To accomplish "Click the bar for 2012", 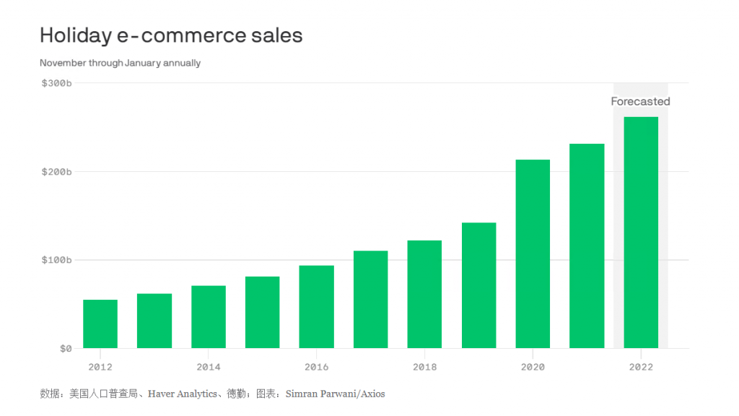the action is click(100, 324).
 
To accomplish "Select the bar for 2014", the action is click(209, 317).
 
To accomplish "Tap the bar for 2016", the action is click(316, 307).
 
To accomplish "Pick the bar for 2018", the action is click(424, 295).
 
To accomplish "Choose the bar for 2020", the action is click(533, 254).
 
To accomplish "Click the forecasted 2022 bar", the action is click(641, 233).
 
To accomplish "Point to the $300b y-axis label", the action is click(56, 84).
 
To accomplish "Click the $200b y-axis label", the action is click(56, 172).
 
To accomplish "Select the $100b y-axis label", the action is click(56, 260).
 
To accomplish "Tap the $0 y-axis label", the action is click(66, 349).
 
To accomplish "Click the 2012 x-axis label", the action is click(100, 367).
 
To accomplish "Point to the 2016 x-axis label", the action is click(316, 367).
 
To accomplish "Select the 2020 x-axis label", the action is click(533, 367).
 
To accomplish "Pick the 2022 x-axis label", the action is click(641, 367).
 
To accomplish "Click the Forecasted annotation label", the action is click(641, 101).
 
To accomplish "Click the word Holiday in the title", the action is click(75, 36).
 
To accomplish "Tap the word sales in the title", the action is click(276, 35).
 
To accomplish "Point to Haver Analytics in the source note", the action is click(183, 394).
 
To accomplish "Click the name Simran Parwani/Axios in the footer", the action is click(335, 394).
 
